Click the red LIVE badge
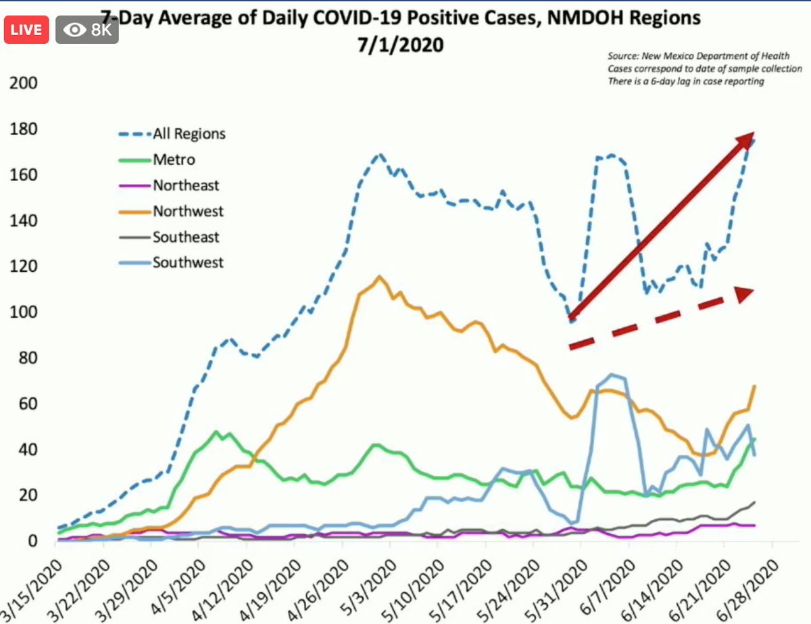tap(26, 30)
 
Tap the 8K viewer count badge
tap(87, 30)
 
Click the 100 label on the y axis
tap(22, 313)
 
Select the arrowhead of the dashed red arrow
tap(744, 295)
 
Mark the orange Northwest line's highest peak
tap(379, 277)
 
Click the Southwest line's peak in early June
tap(612, 375)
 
